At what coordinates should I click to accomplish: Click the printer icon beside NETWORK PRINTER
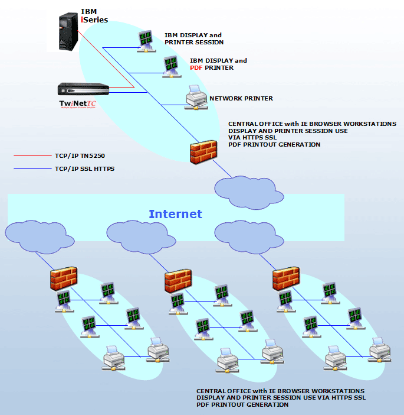tap(194, 98)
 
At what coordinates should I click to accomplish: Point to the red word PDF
tap(196, 68)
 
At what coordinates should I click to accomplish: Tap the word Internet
tap(175, 214)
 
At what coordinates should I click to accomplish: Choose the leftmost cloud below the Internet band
tap(38, 235)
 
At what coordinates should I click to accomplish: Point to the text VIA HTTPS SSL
tap(252, 138)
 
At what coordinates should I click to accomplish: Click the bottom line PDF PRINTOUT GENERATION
tap(247, 405)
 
